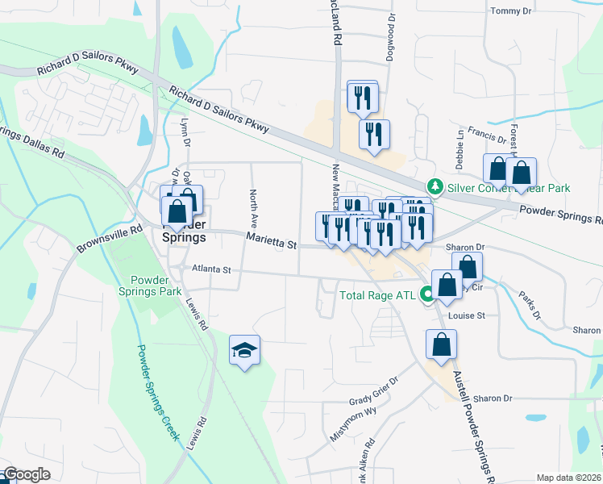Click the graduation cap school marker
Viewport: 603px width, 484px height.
click(244, 350)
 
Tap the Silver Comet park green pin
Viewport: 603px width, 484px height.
click(435, 187)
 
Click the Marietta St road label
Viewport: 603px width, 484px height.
click(272, 240)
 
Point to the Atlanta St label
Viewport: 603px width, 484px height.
click(211, 269)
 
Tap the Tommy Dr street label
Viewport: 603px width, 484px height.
click(511, 11)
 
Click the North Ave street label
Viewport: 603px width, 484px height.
click(252, 207)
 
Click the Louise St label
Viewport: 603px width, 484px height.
click(467, 316)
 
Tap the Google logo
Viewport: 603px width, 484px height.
click(27, 474)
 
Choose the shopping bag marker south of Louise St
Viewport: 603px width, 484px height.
click(441, 344)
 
